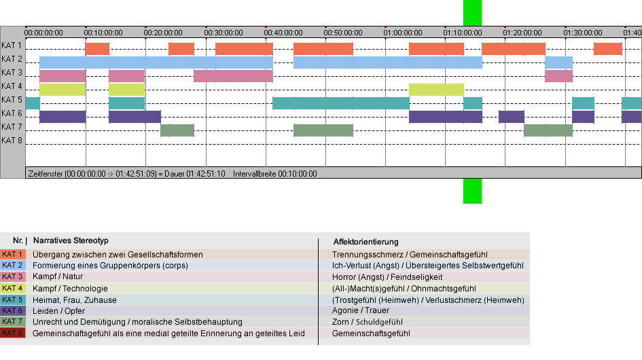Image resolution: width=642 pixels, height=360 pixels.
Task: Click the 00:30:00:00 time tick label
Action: point(224,33)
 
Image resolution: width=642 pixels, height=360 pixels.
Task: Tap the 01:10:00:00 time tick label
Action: point(463,33)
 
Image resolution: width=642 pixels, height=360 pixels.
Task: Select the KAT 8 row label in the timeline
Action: point(12,141)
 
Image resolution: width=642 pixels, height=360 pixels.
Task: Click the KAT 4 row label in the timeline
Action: point(12,86)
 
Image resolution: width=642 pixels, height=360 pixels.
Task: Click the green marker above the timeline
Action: point(472,13)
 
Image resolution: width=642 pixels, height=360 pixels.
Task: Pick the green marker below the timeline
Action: point(472,191)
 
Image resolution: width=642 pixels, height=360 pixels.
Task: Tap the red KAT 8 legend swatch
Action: point(13,333)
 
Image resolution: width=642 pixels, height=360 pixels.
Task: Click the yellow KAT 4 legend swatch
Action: point(13,288)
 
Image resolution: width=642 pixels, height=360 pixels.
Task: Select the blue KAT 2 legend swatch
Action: point(13,266)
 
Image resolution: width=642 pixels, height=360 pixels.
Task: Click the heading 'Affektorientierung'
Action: point(365,242)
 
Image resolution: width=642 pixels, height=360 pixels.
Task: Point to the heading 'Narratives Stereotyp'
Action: point(71,240)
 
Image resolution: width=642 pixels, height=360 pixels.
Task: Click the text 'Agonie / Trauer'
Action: point(361,310)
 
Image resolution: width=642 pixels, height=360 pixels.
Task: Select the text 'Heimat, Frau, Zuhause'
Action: point(75,300)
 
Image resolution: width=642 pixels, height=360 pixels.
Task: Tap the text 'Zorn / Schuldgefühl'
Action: point(368,322)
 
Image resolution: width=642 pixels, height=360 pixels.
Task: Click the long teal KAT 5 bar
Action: point(341,103)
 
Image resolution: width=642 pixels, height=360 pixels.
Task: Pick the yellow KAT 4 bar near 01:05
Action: point(436,90)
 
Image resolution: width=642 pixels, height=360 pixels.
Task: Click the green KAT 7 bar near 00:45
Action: point(323,130)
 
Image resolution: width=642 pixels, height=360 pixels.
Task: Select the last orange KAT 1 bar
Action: point(608,49)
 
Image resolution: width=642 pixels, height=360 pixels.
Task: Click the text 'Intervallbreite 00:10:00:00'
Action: point(275,174)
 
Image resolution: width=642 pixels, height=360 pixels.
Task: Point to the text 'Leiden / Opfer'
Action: point(58,311)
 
